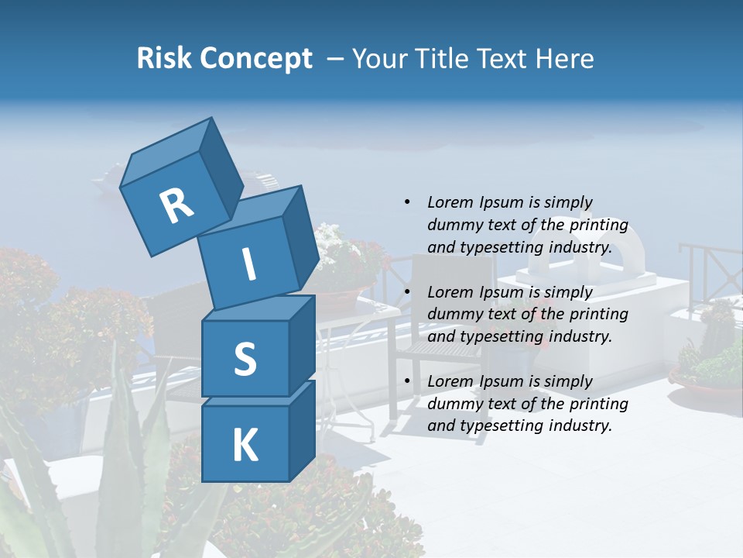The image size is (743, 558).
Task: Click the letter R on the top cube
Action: pos(176,206)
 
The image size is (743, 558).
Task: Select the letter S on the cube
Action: pos(245,359)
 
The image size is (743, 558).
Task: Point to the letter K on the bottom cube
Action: pos(245,446)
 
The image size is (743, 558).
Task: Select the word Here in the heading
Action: pos(564,59)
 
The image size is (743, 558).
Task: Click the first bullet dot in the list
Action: pos(407,203)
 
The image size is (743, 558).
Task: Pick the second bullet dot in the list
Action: pos(407,292)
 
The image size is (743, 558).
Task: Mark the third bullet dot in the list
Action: pos(407,381)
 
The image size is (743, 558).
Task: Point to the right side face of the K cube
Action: pos(302,430)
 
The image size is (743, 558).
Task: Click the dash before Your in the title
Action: pos(336,59)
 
